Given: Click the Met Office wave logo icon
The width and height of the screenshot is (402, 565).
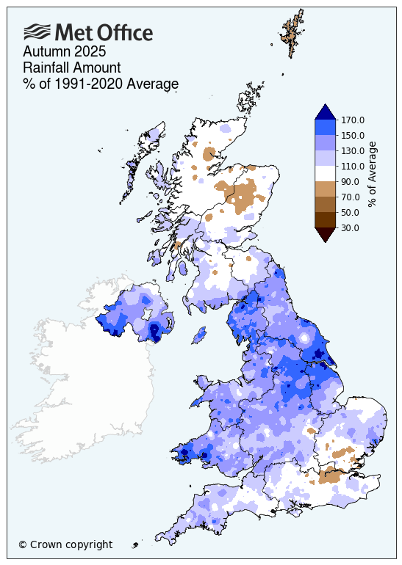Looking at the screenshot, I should pyautogui.click(x=38, y=32).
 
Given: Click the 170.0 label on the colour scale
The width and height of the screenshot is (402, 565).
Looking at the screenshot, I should pyautogui.click(x=353, y=120).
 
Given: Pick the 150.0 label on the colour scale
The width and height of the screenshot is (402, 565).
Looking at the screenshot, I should pyautogui.click(x=353, y=136).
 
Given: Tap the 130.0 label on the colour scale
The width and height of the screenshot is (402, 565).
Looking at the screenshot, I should pyautogui.click(x=353, y=151).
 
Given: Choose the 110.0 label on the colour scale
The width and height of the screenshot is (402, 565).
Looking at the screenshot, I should pyautogui.click(x=353, y=167).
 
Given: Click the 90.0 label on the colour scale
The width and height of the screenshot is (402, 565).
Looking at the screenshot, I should pyautogui.click(x=351, y=182).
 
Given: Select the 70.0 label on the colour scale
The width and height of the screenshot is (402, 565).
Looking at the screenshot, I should pyautogui.click(x=351, y=197).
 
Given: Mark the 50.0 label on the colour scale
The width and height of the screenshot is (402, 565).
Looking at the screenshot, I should pyautogui.click(x=351, y=213).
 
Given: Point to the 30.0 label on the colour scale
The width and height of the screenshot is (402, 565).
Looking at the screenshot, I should pyautogui.click(x=351, y=228).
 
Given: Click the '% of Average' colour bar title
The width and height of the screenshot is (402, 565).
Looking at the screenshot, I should pyautogui.click(x=373, y=175).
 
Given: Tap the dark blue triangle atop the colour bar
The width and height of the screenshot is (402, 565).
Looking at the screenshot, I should pyautogui.click(x=325, y=112).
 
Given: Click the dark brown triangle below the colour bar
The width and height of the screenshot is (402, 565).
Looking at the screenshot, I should pyautogui.click(x=325, y=234).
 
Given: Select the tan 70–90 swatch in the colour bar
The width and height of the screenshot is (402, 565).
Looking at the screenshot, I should pyautogui.click(x=325, y=189).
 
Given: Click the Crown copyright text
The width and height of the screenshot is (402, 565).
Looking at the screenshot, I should pyautogui.click(x=65, y=544).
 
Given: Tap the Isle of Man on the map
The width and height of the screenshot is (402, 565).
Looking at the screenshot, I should pyautogui.click(x=198, y=337).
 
